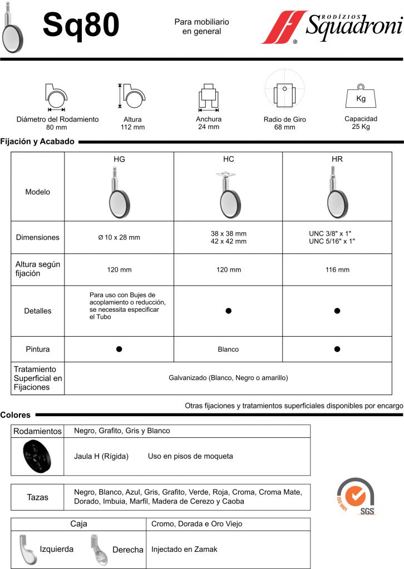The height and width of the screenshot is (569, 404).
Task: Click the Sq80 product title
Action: (x=81, y=26)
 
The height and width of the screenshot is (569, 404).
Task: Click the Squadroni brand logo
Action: (x=332, y=28)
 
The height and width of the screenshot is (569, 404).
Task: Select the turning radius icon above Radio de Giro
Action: (x=284, y=91)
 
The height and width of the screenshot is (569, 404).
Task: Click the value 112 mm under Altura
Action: (x=132, y=127)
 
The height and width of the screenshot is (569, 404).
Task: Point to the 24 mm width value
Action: (x=209, y=127)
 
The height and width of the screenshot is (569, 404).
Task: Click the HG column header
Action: (x=119, y=159)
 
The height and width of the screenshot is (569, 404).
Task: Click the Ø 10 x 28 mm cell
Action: (x=119, y=237)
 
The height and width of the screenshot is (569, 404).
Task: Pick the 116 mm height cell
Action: (x=337, y=270)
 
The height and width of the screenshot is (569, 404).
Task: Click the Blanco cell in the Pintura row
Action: (x=228, y=350)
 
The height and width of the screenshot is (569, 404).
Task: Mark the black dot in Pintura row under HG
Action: (x=119, y=350)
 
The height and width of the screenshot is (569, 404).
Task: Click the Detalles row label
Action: (x=38, y=311)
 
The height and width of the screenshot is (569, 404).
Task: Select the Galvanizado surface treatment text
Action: (x=228, y=378)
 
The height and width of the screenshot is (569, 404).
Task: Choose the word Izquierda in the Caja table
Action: (x=56, y=549)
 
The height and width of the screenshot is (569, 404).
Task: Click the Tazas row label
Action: (x=38, y=497)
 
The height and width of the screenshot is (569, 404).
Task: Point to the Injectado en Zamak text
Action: (x=184, y=549)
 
